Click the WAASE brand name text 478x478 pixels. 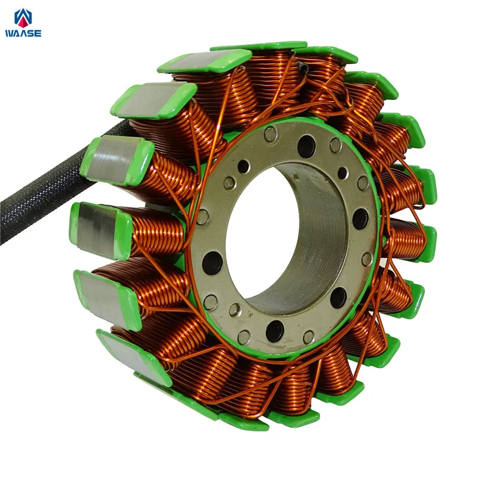pos(23,33)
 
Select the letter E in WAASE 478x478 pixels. pos(38,33)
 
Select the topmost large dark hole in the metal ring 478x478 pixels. pos(306,146)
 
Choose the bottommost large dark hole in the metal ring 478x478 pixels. pos(275,332)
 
